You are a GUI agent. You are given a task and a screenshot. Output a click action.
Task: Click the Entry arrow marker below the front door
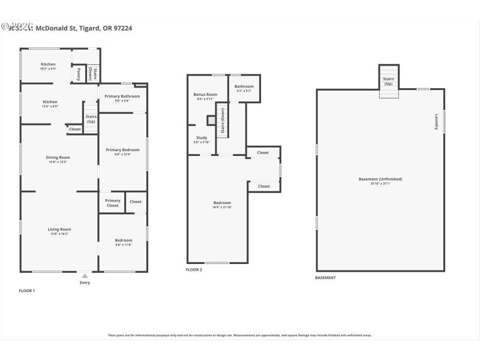click(x=85, y=276)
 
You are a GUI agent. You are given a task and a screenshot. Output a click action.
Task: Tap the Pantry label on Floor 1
click(x=79, y=74)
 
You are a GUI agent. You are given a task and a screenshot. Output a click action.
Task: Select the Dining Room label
click(x=58, y=158)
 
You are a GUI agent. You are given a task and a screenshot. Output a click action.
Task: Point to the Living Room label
click(x=59, y=229)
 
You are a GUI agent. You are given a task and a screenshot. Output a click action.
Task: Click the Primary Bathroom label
click(x=122, y=97)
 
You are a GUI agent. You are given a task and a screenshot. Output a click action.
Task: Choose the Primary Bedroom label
click(x=123, y=150)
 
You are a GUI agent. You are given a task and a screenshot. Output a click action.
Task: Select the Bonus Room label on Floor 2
click(x=205, y=95)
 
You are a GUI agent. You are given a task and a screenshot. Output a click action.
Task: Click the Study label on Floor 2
click(x=202, y=138)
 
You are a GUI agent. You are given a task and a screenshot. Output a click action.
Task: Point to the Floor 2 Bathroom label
click(x=244, y=86)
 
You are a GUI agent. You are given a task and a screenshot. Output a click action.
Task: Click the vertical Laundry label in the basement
click(x=436, y=122)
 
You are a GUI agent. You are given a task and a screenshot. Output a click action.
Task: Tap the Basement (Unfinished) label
click(x=380, y=179)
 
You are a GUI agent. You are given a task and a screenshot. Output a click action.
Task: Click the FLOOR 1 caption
click(x=28, y=290)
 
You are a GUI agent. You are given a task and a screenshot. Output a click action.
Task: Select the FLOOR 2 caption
click(x=194, y=270)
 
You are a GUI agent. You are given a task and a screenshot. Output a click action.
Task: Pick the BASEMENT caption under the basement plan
click(x=325, y=278)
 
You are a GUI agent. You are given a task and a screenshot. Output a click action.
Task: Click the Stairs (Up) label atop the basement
click(x=388, y=81)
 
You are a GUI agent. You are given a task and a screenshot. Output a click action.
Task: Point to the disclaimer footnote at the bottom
click(x=240, y=335)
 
